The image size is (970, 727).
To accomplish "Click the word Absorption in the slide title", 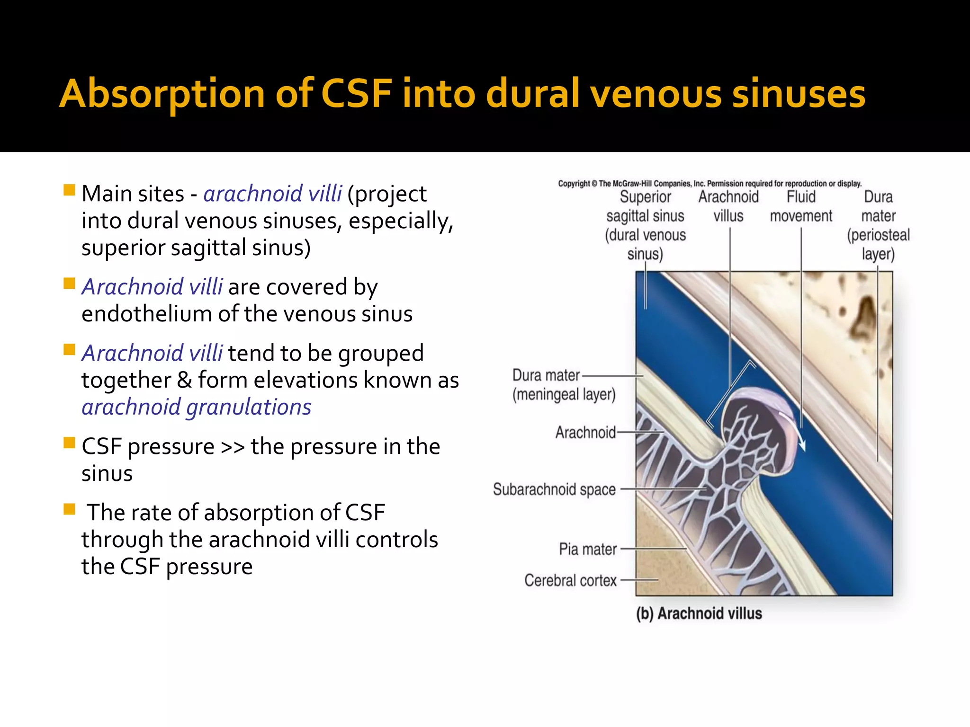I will click(x=162, y=94).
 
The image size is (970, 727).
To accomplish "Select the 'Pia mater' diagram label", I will click(x=588, y=549).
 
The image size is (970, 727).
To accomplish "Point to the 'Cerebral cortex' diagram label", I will click(x=570, y=580).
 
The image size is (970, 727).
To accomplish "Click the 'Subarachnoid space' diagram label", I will click(x=554, y=489).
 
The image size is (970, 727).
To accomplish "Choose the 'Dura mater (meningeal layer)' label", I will click(x=563, y=385).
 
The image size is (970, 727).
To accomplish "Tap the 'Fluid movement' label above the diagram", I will click(x=801, y=206).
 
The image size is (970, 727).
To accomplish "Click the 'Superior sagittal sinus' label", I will click(x=645, y=225).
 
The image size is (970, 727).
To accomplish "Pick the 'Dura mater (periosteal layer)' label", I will click(x=878, y=225).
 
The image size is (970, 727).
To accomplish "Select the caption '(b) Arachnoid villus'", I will click(x=699, y=613).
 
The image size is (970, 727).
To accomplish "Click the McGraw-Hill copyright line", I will click(x=710, y=184).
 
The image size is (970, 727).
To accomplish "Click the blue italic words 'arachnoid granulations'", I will click(x=197, y=408).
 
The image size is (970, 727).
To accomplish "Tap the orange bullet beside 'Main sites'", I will click(x=69, y=190).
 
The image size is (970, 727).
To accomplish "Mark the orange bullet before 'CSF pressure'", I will click(x=69, y=443).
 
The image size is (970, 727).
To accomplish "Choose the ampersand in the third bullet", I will click(x=184, y=381).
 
